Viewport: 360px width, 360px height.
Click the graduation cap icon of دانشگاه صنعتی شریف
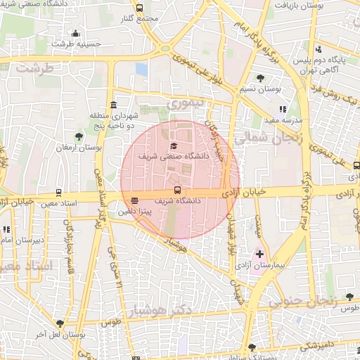pos(174,145)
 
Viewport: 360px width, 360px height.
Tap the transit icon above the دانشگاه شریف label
pos(176,190)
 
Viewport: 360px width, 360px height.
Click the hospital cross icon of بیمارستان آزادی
pos(259,253)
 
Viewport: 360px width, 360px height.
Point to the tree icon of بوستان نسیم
pos(261,78)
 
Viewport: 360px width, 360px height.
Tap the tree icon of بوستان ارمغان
pos(78,136)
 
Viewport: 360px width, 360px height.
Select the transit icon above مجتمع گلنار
pos(140,8)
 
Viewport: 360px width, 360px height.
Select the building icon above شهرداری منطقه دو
pos(114,103)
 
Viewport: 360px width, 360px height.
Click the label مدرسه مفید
pos(283,120)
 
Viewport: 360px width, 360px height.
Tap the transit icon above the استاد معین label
pos(58,192)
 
